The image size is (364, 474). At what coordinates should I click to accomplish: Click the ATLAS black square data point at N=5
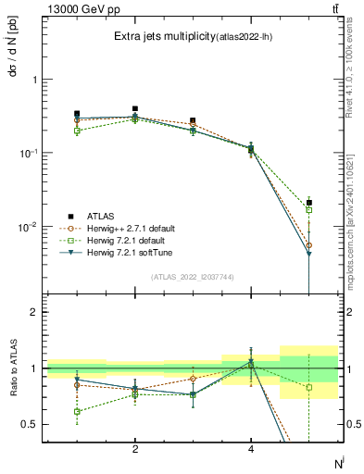coord(308,202)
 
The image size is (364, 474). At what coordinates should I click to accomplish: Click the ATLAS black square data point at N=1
coord(77,114)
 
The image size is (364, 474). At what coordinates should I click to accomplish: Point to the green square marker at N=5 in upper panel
coord(308,210)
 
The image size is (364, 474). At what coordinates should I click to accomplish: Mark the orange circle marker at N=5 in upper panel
coord(308,245)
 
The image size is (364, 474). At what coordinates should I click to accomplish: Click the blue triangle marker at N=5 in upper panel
coord(308,254)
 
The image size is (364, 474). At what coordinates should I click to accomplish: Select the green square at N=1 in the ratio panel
coord(77,411)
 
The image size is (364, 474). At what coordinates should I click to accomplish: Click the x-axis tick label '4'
coord(251,449)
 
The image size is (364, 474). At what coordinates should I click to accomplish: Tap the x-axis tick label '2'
coord(135,449)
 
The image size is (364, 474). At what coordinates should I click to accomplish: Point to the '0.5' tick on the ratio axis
coord(31,424)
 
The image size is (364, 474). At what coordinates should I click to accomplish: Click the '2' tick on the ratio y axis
coord(35,312)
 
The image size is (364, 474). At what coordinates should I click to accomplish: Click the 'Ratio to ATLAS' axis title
coord(12,368)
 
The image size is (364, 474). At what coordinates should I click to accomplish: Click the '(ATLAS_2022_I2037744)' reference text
coord(193,277)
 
